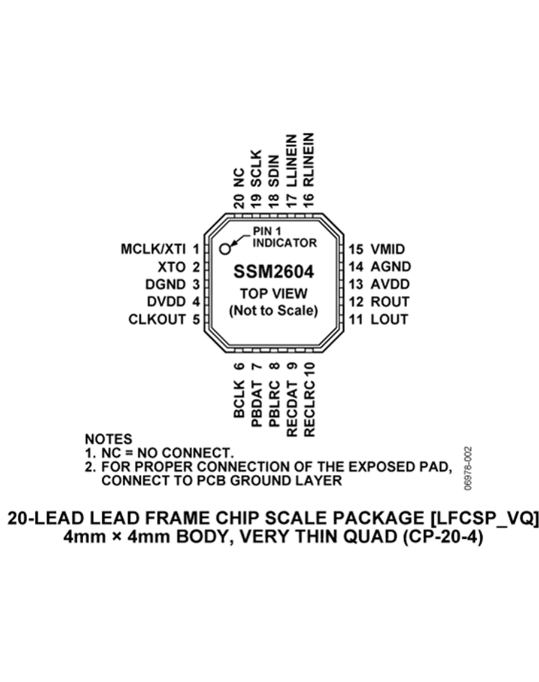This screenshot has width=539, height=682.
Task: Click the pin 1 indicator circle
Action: [x=225, y=249]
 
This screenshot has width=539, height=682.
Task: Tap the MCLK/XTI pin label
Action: [x=153, y=249]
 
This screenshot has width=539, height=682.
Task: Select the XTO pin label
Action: [x=172, y=266]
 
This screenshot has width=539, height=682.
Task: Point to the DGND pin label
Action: [x=166, y=284]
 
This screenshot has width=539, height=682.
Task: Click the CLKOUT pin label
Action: [x=157, y=319]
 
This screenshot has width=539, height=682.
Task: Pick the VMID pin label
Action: [x=387, y=249]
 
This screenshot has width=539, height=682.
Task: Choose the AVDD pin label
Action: [x=390, y=284]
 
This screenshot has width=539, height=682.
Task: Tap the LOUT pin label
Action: [x=389, y=319]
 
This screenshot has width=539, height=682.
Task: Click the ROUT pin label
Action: [x=390, y=302]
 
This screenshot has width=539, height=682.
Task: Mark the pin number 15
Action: [x=356, y=249]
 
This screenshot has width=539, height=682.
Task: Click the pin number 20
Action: [x=239, y=201]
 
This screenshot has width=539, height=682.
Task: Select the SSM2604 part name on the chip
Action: [x=274, y=272]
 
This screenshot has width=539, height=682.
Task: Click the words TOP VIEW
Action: [x=274, y=293]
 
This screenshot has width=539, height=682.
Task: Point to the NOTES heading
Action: [x=108, y=439]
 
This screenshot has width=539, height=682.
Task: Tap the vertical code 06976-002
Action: [x=468, y=468]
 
